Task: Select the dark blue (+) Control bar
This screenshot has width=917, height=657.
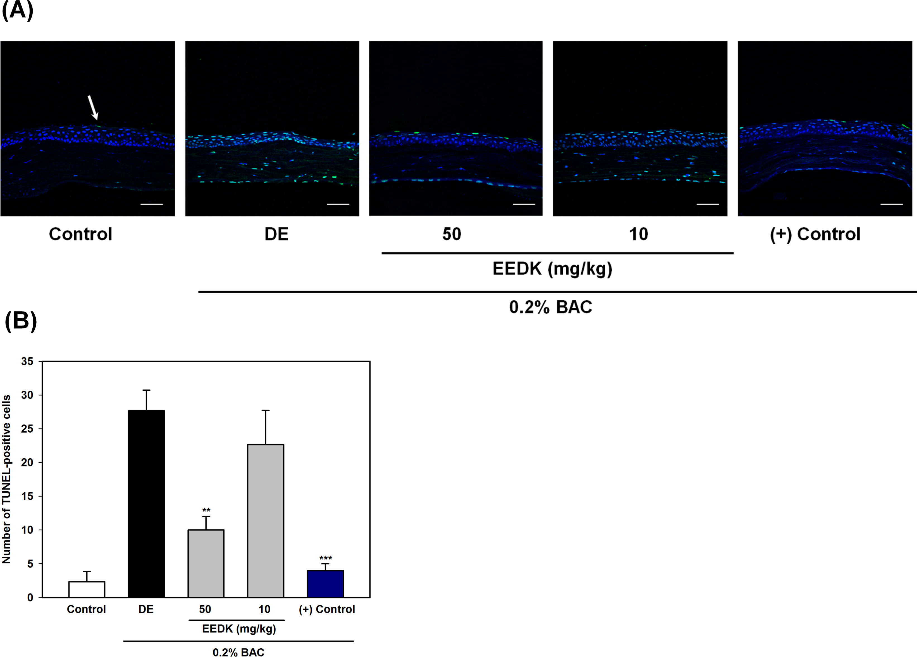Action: pos(325,584)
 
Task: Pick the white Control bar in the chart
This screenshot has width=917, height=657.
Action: pos(87,589)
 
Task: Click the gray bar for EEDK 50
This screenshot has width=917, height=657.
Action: pos(206,564)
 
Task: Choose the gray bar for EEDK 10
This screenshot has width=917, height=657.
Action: pos(266,521)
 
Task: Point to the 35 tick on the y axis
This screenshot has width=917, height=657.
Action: pos(27,361)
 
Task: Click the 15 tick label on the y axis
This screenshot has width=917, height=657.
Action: pos(27,496)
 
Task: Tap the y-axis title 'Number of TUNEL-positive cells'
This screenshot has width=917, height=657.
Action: pos(6,479)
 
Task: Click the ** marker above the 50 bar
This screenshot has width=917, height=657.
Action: pos(206,510)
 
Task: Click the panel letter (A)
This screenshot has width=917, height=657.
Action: pos(17,11)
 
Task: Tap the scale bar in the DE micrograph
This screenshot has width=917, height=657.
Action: pos(338,204)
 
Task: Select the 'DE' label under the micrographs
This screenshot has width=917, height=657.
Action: pos(276,234)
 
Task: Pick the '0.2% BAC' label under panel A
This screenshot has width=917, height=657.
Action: pos(550,307)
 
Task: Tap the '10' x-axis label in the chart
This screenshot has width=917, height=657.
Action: pos(264,609)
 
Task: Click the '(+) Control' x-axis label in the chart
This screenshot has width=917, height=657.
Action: pos(326,609)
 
